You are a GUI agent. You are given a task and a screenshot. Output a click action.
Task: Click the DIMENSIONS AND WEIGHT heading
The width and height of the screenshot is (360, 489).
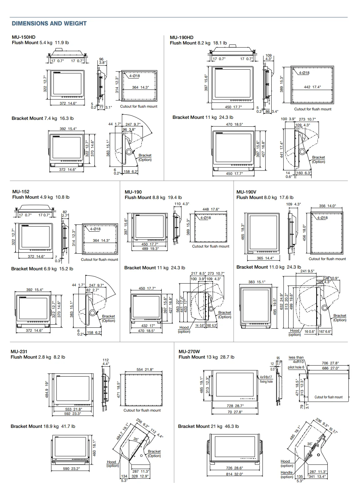49,23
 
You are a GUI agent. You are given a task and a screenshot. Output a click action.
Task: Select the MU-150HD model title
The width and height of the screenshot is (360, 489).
23,37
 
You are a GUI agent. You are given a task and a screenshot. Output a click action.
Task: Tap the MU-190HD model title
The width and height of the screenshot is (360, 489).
181,37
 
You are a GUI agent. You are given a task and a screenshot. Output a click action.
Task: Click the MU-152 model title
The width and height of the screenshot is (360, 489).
21,192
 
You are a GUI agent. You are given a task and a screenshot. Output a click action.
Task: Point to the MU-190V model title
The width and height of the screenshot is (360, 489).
246,192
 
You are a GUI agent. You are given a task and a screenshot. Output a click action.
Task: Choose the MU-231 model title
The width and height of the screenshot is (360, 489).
19,351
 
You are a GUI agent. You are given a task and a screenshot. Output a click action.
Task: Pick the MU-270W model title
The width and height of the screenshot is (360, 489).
189,351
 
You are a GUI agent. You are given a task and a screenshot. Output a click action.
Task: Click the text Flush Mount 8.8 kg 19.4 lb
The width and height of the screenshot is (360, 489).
153,197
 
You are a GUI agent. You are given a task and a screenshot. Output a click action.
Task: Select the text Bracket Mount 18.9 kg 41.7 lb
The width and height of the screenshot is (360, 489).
43,426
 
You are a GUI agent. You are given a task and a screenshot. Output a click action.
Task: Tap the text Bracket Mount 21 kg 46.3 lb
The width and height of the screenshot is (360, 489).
208,426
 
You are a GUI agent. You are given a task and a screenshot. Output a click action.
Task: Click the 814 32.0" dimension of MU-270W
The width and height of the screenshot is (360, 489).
234,474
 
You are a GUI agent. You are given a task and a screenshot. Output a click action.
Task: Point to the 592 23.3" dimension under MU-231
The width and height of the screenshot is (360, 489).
72,414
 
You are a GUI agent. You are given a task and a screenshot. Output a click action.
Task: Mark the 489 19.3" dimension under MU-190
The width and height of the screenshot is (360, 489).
150,249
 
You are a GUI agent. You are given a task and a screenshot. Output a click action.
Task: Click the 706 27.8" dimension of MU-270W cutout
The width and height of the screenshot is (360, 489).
330,363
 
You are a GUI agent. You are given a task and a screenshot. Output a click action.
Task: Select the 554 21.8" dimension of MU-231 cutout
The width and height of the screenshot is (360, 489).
145,369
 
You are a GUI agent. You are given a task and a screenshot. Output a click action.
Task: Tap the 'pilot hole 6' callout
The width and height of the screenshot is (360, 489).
296,367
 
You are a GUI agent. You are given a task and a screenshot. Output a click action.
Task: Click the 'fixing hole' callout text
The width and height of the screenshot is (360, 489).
266,382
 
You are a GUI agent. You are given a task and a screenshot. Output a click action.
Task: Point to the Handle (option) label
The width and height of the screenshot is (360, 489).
287,474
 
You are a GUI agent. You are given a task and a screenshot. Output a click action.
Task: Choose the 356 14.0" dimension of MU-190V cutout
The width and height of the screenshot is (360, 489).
327,206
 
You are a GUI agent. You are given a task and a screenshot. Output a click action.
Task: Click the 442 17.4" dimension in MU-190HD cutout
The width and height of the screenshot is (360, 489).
312,87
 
